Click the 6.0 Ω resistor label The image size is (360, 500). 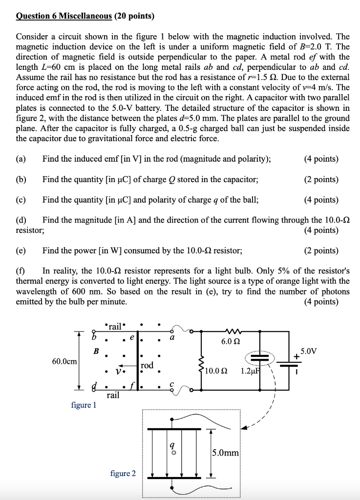pyautogui.click(x=230, y=342)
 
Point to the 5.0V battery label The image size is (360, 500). pyautogui.click(x=308, y=351)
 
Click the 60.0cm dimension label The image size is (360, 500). pyautogui.click(x=64, y=361)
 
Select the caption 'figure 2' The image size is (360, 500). pyautogui.click(x=123, y=473)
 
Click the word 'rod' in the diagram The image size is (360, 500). pyautogui.click(x=147, y=365)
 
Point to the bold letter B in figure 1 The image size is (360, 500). pyautogui.click(x=96, y=350)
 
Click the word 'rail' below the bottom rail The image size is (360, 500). pyautogui.click(x=113, y=395)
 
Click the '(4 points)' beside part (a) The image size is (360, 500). pyautogui.click(x=320, y=159)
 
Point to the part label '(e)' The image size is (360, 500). pyautogui.click(x=21, y=250)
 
